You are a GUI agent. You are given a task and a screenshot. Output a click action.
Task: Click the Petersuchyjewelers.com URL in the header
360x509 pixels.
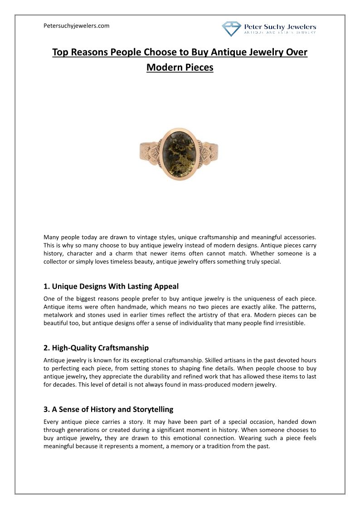[x=77, y=26]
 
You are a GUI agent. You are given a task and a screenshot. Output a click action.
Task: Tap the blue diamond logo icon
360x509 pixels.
[x=231, y=29]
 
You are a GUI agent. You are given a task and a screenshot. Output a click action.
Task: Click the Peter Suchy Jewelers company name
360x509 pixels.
[x=280, y=27]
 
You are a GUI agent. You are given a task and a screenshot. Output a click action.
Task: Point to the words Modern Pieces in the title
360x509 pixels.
[x=180, y=68]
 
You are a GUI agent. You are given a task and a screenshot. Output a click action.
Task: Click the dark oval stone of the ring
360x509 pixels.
[x=180, y=154]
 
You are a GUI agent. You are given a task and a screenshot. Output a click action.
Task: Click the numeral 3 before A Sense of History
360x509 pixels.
[x=46, y=409]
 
